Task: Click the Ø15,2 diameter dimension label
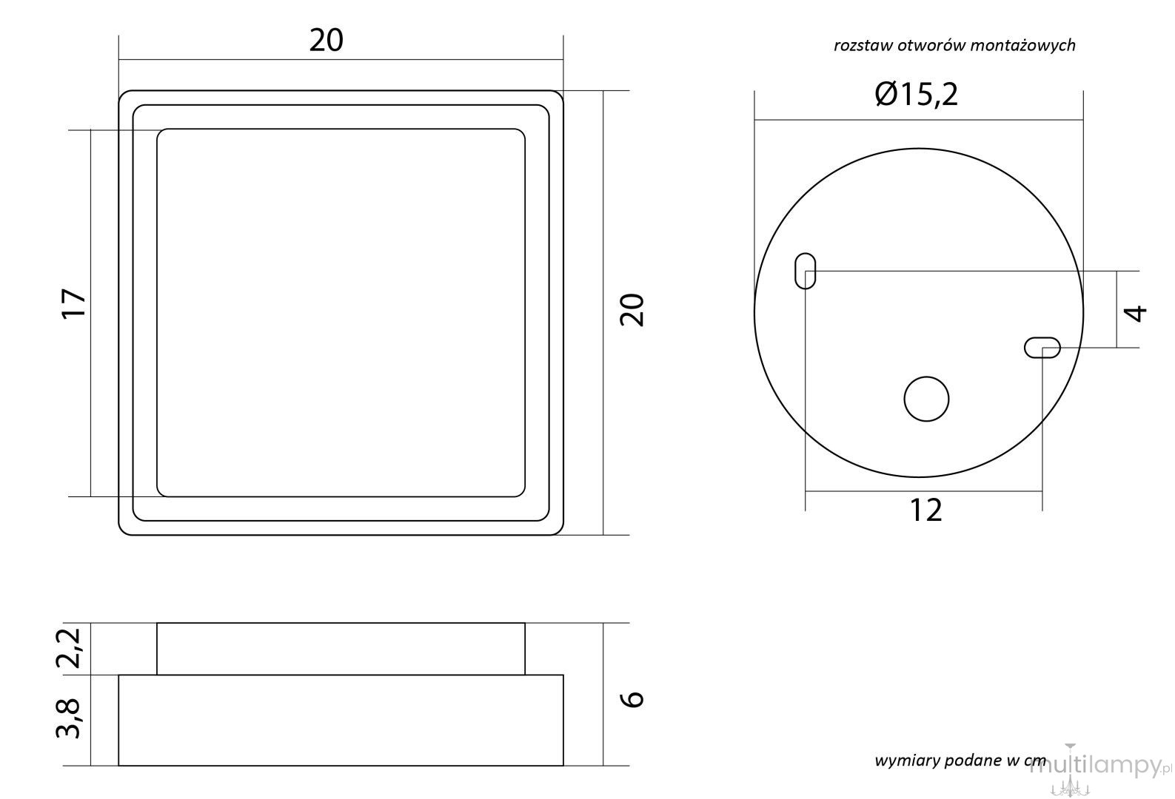(x=917, y=95)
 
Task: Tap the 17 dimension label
(x=73, y=303)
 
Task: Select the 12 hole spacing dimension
(x=925, y=510)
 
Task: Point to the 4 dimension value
(x=1136, y=314)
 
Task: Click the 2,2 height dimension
(x=69, y=648)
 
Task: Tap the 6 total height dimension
(x=632, y=699)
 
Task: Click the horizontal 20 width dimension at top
(x=326, y=41)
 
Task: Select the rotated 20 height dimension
(x=632, y=311)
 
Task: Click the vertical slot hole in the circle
(x=806, y=271)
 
